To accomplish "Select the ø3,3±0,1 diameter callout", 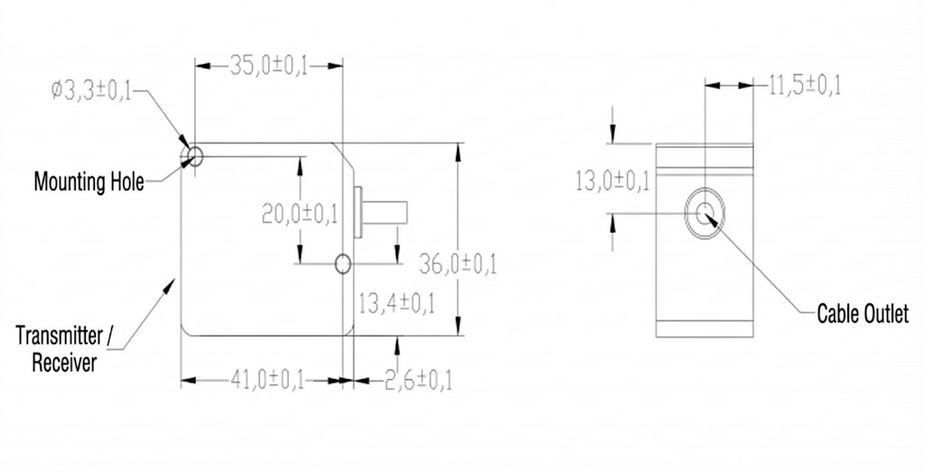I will [92, 91].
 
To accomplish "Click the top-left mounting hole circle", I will [193, 156].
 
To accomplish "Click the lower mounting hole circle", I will [342, 264].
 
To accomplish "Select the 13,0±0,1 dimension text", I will [612, 181].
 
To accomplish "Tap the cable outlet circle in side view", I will [705, 213].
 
